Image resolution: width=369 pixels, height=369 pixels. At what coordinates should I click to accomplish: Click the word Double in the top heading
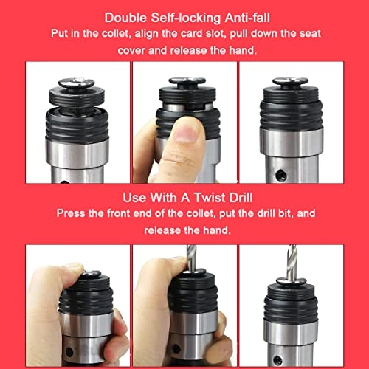[125, 18]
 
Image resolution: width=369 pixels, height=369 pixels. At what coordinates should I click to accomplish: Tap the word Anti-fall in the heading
[247, 18]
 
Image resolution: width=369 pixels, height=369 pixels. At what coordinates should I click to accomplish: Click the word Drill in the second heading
[241, 198]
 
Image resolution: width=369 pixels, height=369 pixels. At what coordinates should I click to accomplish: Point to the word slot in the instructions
[215, 33]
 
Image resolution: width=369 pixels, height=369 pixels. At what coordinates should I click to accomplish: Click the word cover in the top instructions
[131, 51]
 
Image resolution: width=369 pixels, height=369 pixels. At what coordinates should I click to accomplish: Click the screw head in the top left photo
[76, 83]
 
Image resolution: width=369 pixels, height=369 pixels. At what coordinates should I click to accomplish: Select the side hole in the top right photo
[280, 175]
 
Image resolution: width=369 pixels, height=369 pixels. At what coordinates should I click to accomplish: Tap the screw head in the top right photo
[290, 81]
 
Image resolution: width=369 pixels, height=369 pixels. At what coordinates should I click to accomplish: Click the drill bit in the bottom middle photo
[191, 258]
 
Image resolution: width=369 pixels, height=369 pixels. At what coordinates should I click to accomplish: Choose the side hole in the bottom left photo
[69, 352]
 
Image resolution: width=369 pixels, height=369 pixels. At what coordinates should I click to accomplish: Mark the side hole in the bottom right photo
[278, 360]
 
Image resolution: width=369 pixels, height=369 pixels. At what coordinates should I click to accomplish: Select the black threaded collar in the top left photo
[77, 124]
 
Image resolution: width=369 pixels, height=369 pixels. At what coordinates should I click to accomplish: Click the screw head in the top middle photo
[187, 80]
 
